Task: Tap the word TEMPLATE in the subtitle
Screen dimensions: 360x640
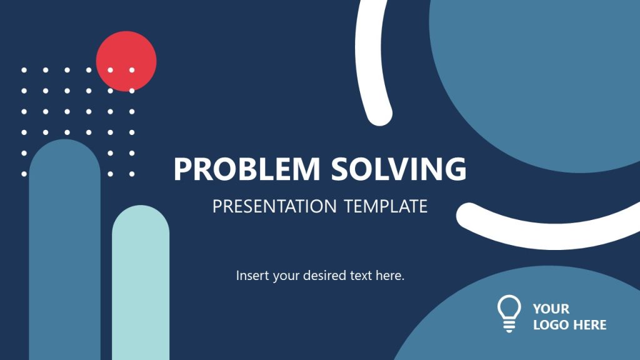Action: pos(386,206)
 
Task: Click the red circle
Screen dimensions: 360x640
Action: pos(126,53)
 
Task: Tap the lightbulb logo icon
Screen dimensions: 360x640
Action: pos(509,313)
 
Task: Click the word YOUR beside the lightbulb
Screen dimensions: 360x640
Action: pos(551,309)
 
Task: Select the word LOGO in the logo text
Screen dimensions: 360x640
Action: pos(548,325)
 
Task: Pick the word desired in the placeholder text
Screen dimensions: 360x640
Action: pos(324,276)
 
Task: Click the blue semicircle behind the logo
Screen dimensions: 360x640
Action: pos(475,331)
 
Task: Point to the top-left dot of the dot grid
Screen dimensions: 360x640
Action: pos(24,70)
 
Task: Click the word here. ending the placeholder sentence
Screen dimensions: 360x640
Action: pos(391,276)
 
